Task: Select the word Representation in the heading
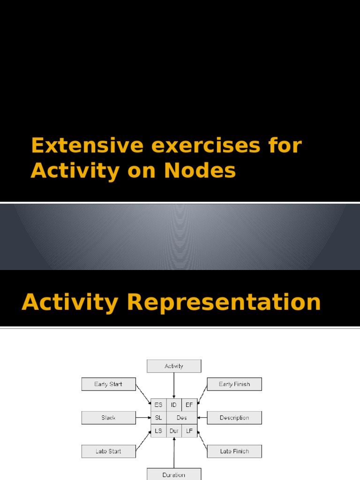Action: click(224, 302)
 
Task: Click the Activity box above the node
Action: click(174, 366)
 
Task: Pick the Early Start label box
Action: click(108, 384)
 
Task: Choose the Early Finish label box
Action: click(234, 384)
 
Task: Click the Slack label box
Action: click(108, 418)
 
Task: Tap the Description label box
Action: click(234, 418)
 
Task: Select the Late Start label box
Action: click(108, 451)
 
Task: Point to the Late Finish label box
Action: click(234, 451)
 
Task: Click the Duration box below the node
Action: click(174, 474)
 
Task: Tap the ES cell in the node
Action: click(158, 405)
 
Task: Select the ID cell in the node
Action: click(174, 405)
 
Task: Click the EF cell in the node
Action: click(189, 405)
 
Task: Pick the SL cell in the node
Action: click(158, 418)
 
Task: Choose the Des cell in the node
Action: click(182, 418)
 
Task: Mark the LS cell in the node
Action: click(158, 431)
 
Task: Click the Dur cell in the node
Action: click(174, 431)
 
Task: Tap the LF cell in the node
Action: click(189, 431)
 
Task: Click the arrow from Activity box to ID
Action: click(174, 385)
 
